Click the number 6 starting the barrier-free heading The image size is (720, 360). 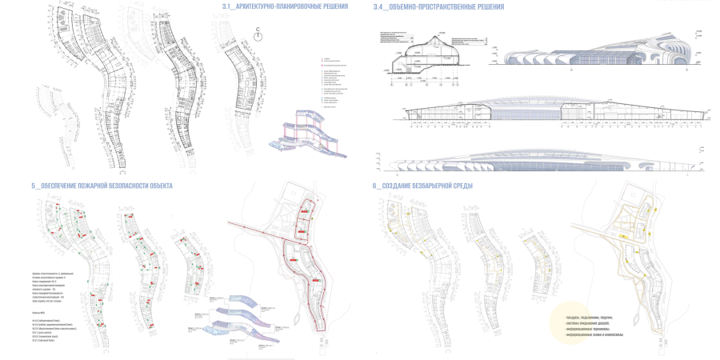[x=374, y=186]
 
